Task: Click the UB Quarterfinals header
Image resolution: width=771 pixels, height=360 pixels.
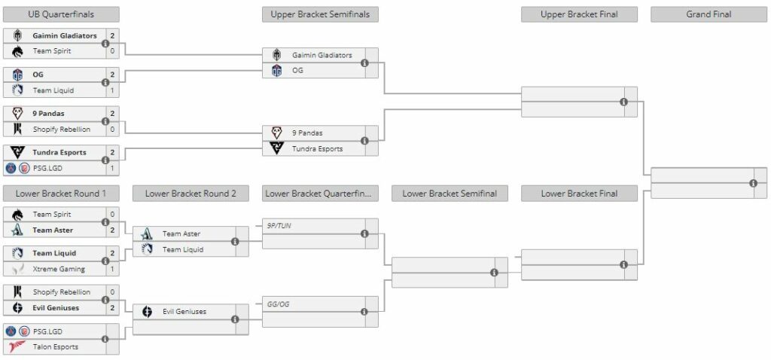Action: pos(61,14)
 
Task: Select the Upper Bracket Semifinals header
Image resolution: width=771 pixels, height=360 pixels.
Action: pos(320,14)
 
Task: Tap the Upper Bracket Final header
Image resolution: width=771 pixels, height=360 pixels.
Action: pos(579,14)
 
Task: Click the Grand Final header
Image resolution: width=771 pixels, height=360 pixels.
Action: pos(709,14)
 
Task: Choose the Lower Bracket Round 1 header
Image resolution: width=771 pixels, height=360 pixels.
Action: pos(61,194)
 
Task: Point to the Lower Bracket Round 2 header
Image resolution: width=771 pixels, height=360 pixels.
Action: pos(190,194)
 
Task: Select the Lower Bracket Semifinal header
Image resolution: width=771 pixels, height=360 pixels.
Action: pos(449,194)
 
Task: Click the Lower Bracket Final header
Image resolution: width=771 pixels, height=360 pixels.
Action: pos(579,194)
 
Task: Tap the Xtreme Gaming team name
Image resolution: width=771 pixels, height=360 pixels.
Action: pos(59,269)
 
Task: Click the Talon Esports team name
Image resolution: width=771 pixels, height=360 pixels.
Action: pos(55,346)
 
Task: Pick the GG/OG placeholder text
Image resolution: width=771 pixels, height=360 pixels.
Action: pos(279,303)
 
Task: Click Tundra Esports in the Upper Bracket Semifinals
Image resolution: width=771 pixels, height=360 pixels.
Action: pos(317,148)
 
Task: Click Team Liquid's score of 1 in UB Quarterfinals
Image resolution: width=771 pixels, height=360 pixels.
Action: pos(112,90)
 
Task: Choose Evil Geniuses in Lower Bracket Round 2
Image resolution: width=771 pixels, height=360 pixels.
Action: pos(184,311)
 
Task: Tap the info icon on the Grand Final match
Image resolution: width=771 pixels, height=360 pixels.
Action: pos(753,183)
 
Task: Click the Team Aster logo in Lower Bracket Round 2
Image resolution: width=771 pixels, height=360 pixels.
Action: pos(148,233)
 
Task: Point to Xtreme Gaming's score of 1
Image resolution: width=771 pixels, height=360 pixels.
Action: pos(112,269)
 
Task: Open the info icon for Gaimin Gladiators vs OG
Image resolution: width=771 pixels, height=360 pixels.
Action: pos(364,63)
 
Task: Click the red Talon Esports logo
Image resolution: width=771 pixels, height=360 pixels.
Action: pos(18,346)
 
